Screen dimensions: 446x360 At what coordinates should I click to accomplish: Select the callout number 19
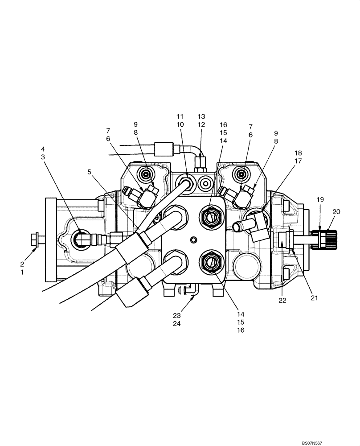[320, 200]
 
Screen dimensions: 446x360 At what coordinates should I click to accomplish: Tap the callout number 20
[336, 212]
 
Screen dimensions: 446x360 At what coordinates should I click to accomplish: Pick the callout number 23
[177, 315]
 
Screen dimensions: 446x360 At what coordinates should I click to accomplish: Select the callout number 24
[177, 324]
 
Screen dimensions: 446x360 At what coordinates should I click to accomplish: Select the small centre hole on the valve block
[193, 240]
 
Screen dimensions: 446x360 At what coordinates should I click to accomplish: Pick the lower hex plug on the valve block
[211, 262]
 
